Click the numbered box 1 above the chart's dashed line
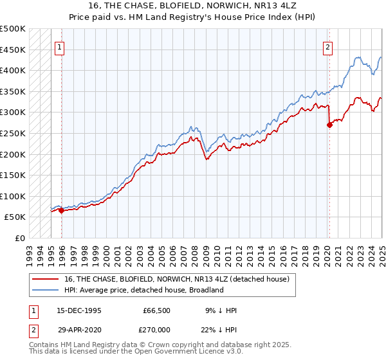(59, 46)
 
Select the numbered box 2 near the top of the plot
(327, 46)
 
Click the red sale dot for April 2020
(329, 125)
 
